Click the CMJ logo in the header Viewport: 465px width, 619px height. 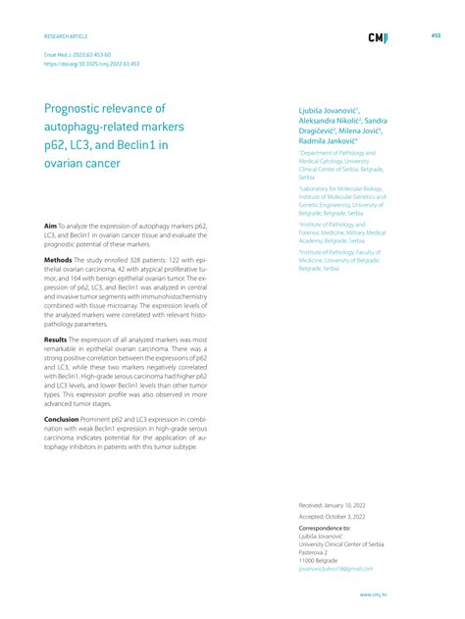click(x=377, y=38)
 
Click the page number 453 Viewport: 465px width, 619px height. click(x=436, y=35)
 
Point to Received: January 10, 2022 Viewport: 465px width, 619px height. click(x=333, y=504)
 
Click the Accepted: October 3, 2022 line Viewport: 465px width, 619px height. click(x=333, y=516)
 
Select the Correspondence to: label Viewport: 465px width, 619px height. click(x=324, y=527)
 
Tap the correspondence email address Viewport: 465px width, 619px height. click(x=336, y=568)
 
